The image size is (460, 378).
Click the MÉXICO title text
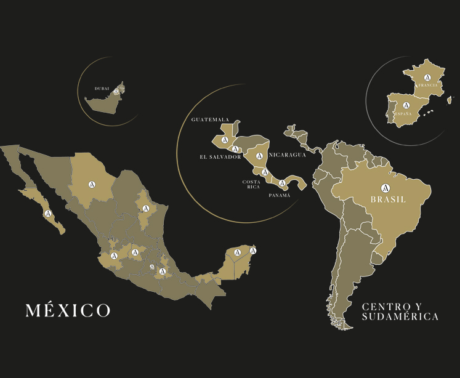point(68,310)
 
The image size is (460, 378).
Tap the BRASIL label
point(388,199)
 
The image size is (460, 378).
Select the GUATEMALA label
point(210,119)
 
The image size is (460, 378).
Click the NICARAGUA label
point(287,155)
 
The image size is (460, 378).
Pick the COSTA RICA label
point(251,184)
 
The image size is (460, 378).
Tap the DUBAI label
point(102,89)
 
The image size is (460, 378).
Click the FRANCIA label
point(427,86)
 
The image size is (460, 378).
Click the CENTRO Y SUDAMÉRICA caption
point(400,312)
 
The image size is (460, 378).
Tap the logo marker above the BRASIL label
point(385,187)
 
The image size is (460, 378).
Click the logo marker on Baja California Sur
point(47,213)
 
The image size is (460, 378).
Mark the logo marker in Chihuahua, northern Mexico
point(92,183)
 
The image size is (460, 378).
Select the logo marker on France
point(427,78)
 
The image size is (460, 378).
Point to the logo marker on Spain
point(406,106)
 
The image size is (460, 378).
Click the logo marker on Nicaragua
point(259,156)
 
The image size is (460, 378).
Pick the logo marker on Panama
point(282,183)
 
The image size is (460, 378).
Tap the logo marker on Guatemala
point(225,141)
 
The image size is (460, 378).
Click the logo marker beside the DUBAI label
point(118,90)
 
